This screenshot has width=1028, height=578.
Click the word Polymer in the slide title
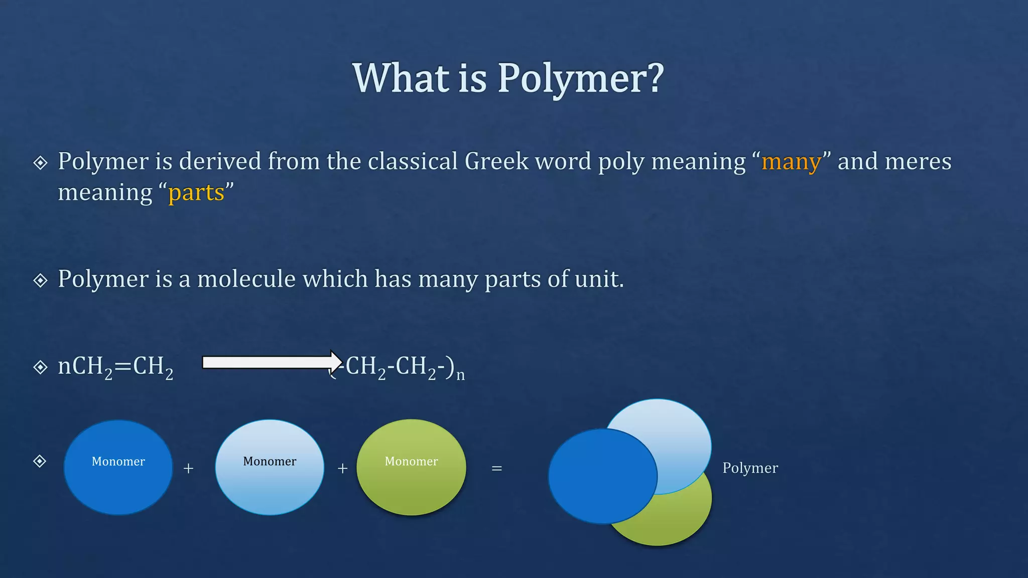[572, 79]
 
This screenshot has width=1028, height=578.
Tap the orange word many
[791, 162]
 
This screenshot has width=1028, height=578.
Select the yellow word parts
[196, 193]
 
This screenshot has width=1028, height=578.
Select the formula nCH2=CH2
[115, 367]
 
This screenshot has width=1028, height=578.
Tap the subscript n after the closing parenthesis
[460, 375]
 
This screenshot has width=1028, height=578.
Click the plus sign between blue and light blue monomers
[188, 469]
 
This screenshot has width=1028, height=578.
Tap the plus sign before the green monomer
[342, 469]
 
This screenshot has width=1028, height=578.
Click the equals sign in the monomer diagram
[496, 469]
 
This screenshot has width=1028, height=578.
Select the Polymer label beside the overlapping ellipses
[750, 468]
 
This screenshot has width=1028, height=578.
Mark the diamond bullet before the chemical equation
[40, 367]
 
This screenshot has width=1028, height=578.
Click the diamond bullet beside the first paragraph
[40, 163]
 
